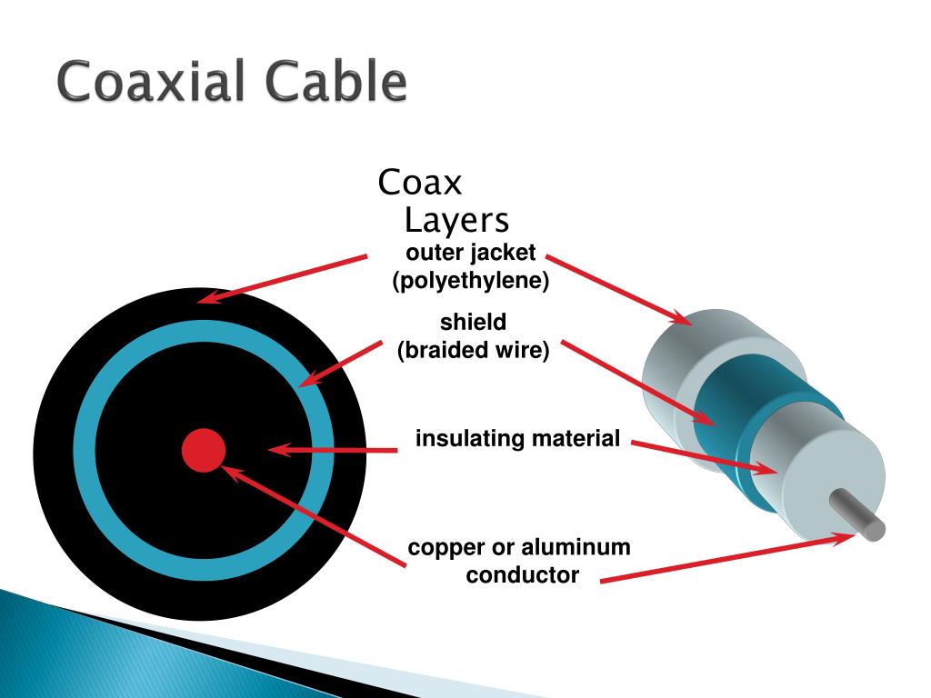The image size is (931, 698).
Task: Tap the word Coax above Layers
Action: tap(420, 183)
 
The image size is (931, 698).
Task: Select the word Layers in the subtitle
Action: tap(456, 221)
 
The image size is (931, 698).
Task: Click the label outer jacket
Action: tap(471, 252)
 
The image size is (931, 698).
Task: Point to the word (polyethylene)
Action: tap(471, 282)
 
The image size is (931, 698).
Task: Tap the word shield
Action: tap(473, 322)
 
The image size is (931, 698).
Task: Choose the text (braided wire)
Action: tap(473, 351)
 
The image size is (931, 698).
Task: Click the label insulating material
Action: tap(517, 440)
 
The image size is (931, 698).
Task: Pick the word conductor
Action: tap(522, 575)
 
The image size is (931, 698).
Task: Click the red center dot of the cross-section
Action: tap(203, 450)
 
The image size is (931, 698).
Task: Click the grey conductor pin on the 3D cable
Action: tap(859, 514)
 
